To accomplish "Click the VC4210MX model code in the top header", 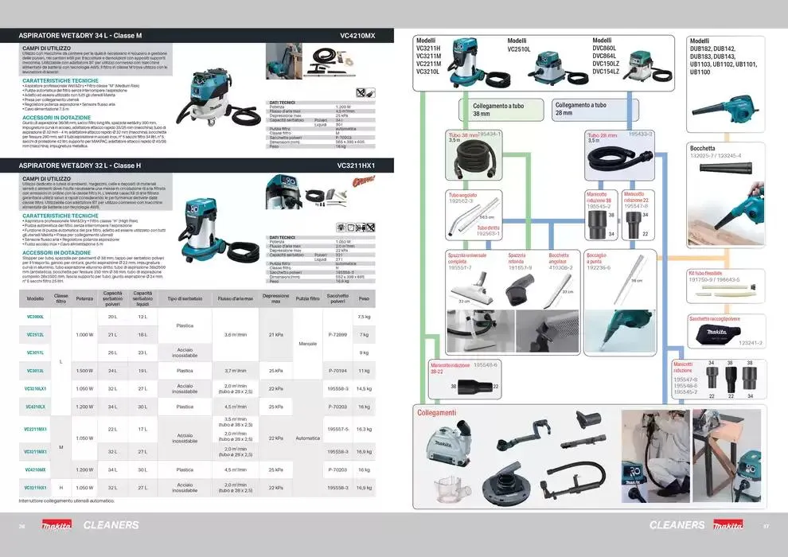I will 357,37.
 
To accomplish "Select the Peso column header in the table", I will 364,298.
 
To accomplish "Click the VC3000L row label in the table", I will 35,317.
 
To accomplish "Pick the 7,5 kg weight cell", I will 364,317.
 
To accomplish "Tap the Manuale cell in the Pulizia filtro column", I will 307,343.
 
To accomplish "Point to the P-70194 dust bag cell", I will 337,371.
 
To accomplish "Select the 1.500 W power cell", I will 84,371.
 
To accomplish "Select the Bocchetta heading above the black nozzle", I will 702,148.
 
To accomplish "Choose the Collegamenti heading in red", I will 437,413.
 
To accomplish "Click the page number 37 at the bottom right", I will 766,525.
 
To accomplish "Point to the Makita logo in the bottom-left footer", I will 57,525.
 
